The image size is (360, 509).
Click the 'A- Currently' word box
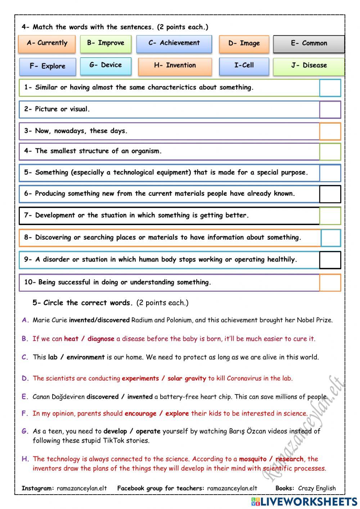pos(47,44)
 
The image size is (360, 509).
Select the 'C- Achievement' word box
pos(174,44)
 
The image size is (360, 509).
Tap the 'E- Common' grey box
pos(309,44)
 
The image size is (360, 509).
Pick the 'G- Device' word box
pos(105,66)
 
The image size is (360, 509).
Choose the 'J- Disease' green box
pos(309,66)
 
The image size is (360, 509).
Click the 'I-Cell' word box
pos(244,66)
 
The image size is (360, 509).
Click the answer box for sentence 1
pos(330,88)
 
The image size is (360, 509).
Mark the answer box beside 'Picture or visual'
pos(330,110)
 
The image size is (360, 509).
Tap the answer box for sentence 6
pos(330,194)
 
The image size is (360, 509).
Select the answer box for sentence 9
pos(330,260)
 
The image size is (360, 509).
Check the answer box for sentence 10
pos(330,282)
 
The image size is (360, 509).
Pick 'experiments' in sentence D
pos(140,378)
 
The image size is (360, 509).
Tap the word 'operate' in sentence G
pos(148,431)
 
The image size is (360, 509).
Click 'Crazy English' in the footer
pos(317,488)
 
